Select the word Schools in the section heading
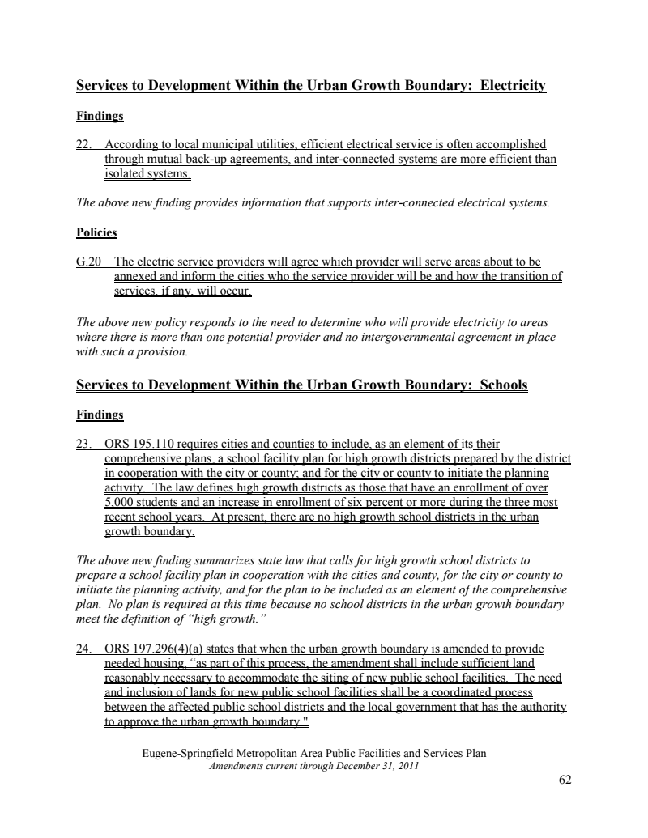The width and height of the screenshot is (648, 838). [x=504, y=385]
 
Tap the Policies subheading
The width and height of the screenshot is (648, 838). [x=96, y=232]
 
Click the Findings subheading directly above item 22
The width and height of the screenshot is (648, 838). [x=100, y=116]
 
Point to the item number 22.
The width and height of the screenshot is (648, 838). [x=83, y=145]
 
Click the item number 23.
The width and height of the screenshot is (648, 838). [x=83, y=444]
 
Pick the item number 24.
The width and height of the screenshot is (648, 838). [x=83, y=649]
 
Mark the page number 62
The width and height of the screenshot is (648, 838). [x=565, y=780]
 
